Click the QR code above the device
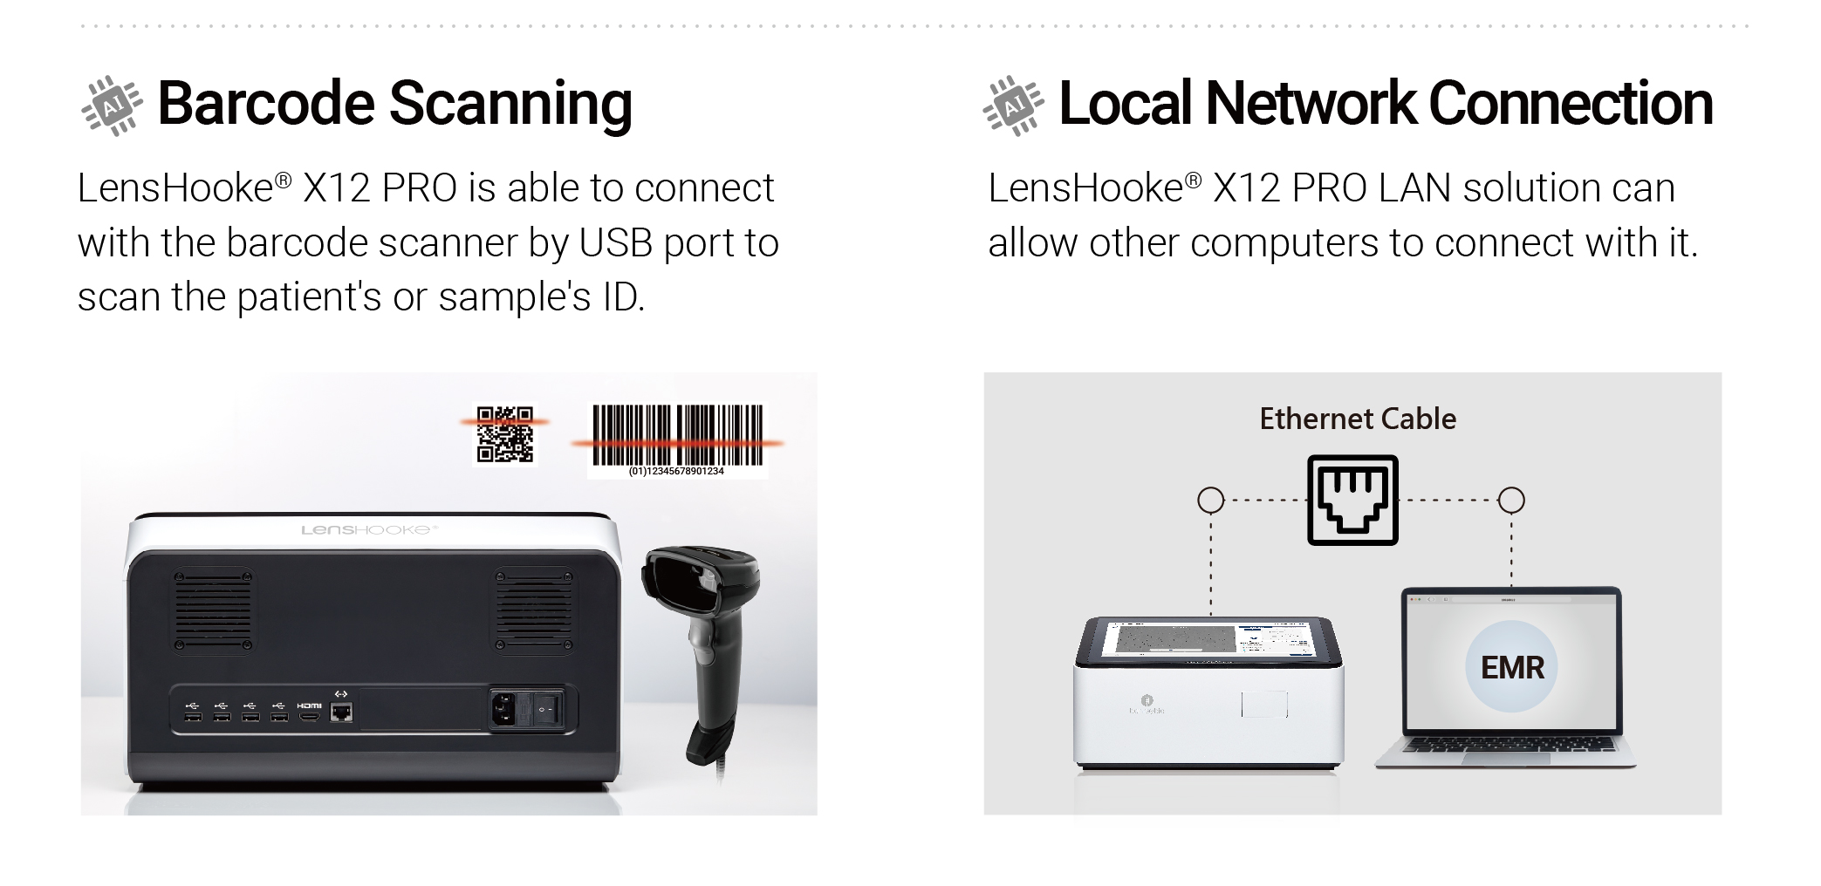pyautogui.click(x=504, y=434)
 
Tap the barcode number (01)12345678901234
pyautogui.click(x=676, y=472)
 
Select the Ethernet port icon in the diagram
pyautogui.click(x=1352, y=500)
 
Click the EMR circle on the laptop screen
pyautogui.click(x=1512, y=667)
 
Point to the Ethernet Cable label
pyautogui.click(x=1358, y=419)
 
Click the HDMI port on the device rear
pyautogui.click(x=309, y=717)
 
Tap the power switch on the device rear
pyautogui.click(x=547, y=709)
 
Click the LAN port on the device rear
pyautogui.click(x=342, y=712)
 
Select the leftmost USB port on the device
pyautogui.click(x=193, y=717)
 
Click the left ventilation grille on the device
pyautogui.click(x=212, y=610)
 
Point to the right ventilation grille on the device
pyautogui.click(x=534, y=610)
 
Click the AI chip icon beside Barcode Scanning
pyautogui.click(x=111, y=106)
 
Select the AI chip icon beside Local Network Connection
pyautogui.click(x=1012, y=106)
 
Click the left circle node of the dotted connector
pyautogui.click(x=1210, y=501)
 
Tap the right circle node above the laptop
pyautogui.click(x=1511, y=501)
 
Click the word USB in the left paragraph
pyautogui.click(x=615, y=243)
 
